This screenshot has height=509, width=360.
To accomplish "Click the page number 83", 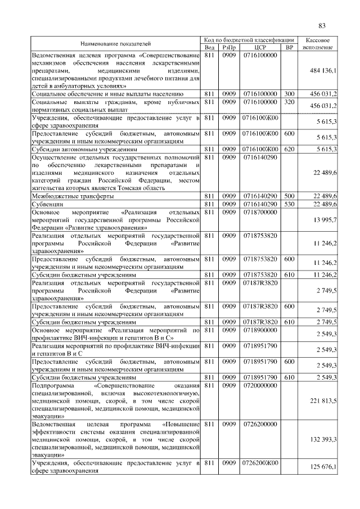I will [x=322, y=25].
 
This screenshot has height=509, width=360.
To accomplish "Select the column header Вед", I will [x=210, y=47].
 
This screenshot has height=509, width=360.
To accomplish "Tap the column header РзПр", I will [x=228, y=47].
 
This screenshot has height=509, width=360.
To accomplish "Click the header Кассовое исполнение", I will [x=321, y=43].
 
